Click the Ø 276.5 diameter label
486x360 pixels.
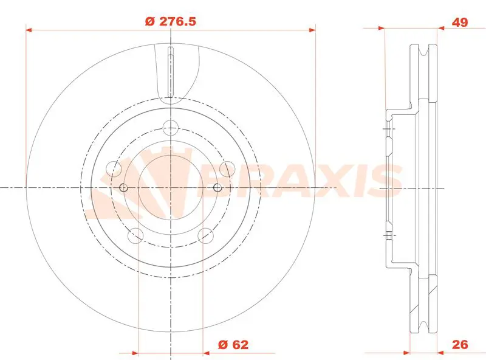[171, 22]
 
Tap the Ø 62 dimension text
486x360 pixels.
[233, 344]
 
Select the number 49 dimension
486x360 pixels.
[460, 22]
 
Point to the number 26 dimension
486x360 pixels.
[460, 344]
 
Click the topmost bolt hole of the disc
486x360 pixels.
[171, 128]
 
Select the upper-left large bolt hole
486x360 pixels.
[114, 169]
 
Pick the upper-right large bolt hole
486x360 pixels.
[227, 169]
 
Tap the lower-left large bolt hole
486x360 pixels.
[135, 235]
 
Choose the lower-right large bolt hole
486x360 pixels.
[206, 235]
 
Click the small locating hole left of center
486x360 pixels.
[123, 187]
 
